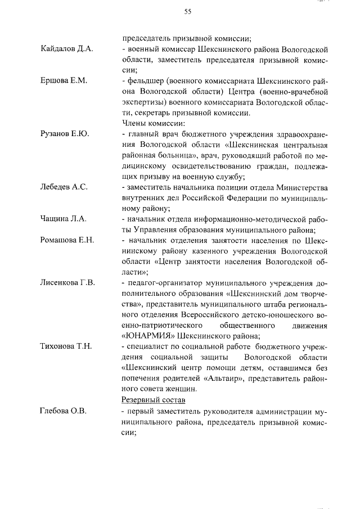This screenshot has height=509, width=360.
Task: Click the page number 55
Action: tap(188, 12)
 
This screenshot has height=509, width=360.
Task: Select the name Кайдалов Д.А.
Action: tap(66, 49)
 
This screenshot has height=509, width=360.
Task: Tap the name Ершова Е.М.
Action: tap(64, 81)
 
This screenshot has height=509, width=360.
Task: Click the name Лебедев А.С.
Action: tap(64, 187)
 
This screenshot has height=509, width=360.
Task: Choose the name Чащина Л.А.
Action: tap(64, 219)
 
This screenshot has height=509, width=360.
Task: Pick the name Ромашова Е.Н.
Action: tap(67, 240)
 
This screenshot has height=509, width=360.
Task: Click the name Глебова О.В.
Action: tap(63, 412)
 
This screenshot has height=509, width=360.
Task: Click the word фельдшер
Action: tap(145, 81)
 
